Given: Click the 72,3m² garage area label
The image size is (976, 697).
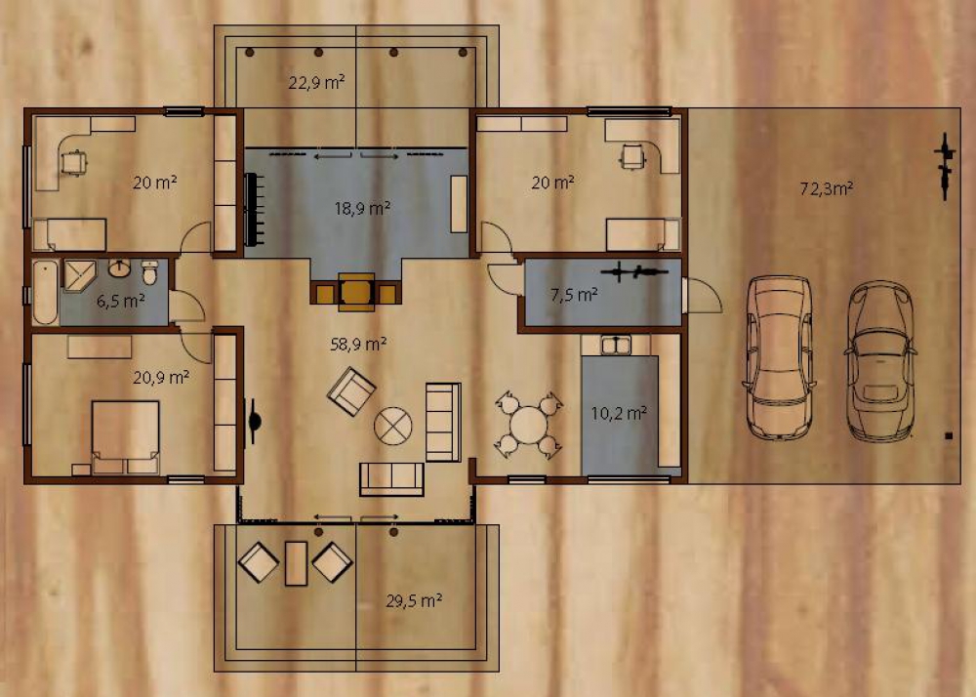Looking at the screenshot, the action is click(826, 188).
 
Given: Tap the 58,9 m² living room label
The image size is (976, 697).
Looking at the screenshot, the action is click(358, 344).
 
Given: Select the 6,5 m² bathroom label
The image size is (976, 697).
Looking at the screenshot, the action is click(121, 302).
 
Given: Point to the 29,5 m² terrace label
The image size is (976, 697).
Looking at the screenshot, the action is click(414, 600).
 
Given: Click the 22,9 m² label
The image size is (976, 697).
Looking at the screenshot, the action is click(317, 82).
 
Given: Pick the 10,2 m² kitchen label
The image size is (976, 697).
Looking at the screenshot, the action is click(619, 413).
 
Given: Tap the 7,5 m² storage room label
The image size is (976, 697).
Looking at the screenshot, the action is click(574, 294).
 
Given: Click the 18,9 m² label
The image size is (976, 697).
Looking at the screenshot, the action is click(362, 208).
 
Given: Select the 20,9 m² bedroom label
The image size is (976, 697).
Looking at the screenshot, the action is click(161, 377).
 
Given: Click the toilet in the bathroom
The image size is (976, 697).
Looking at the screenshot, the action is click(150, 272).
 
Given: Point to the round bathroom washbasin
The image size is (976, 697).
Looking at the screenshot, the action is click(119, 268).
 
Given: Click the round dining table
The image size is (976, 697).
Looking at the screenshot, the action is click(528, 425).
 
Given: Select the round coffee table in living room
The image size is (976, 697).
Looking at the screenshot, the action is click(392, 427).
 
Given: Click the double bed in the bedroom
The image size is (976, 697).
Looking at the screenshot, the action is click(125, 437).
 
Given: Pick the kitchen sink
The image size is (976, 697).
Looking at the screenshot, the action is click(616, 345).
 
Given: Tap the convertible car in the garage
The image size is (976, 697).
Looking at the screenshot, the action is click(880, 361).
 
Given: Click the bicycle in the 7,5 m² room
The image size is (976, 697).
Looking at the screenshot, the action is click(633, 272).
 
